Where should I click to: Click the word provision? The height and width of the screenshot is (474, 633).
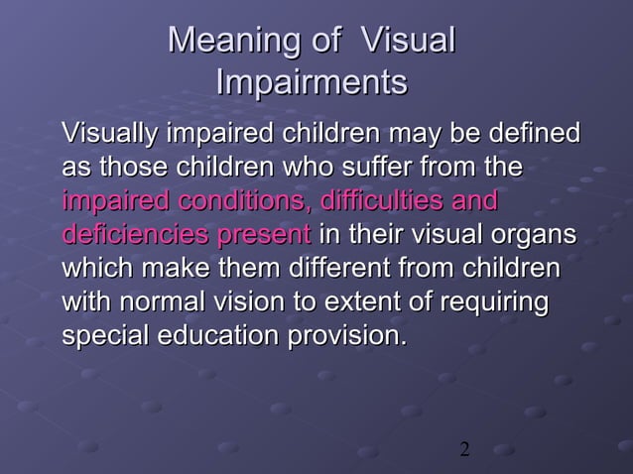(x=346, y=336)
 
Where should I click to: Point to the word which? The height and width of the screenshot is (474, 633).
(x=98, y=269)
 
